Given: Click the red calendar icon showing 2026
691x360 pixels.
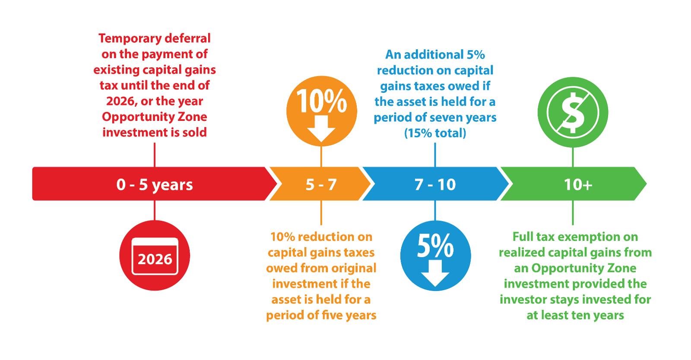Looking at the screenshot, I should coord(155,256).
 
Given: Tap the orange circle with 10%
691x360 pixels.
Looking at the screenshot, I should coord(322,111).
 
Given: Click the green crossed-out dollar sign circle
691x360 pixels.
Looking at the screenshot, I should coord(573,113).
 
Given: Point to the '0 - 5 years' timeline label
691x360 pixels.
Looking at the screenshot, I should coord(155,185).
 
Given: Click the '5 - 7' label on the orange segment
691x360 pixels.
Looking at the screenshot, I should coord(321,185).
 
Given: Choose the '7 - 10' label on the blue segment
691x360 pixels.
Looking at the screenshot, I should coord(435,185).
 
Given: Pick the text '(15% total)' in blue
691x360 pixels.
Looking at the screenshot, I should coord(435,133).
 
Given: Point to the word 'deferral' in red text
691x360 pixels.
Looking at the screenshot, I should coord(190,39).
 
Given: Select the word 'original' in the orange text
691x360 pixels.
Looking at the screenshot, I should coord(354,268).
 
